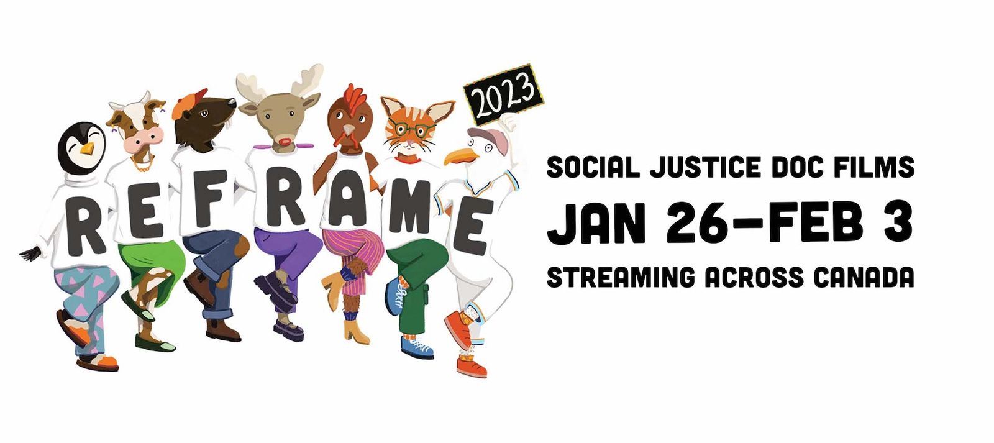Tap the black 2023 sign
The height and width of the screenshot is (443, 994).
pos(503,94)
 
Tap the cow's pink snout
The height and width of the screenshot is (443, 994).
pos(143,140)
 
